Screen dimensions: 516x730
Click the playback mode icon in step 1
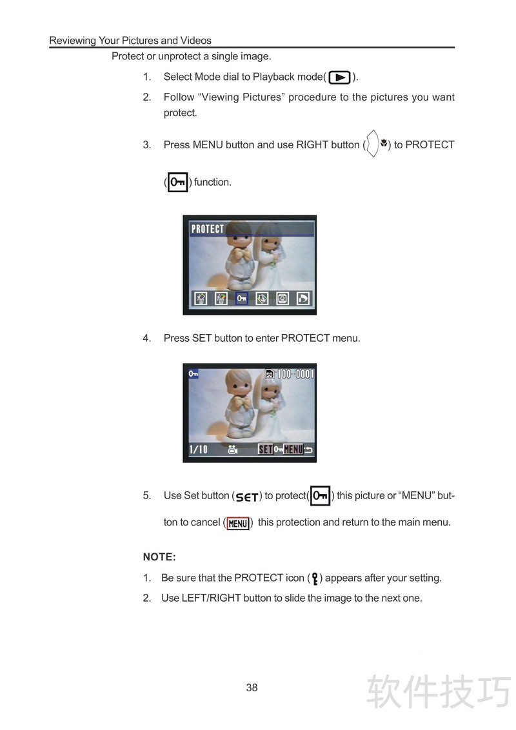point(339,77)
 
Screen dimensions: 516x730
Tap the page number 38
point(252,687)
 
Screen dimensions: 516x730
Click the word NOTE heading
point(159,557)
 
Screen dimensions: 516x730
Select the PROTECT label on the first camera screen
point(208,229)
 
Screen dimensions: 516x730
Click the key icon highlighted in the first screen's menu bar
point(241,298)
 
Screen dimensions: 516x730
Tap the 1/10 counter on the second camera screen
point(199,449)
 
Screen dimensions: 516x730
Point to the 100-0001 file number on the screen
point(295,374)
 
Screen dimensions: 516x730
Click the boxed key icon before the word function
point(177,182)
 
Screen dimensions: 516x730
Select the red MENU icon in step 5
point(238,523)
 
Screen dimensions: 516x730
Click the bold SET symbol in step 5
point(247,497)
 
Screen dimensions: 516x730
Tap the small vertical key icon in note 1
point(315,578)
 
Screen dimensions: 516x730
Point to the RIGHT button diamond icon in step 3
point(372,143)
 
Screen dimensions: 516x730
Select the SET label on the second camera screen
point(266,449)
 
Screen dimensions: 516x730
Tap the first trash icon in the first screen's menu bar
point(200,299)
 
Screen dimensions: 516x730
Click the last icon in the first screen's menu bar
point(303,299)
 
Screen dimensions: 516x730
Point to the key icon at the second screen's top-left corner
point(193,373)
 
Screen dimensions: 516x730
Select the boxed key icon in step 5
point(320,495)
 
